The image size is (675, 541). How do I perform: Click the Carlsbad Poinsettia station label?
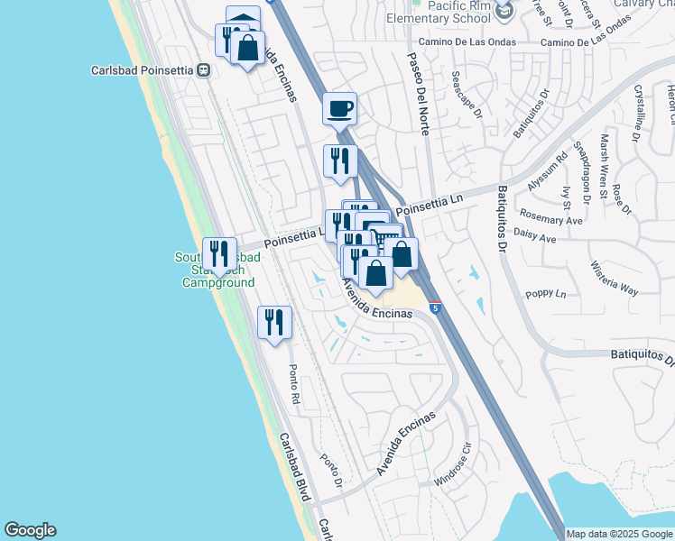coord(143,69)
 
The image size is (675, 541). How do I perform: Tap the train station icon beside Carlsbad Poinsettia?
coord(205,69)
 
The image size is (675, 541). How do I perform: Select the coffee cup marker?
coord(339,109)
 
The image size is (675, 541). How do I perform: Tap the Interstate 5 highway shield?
coord(435,308)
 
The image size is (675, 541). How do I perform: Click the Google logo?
coord(30,530)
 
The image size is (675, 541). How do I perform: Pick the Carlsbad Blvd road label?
coord(295,467)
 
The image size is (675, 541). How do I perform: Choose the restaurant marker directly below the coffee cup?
coord(340,161)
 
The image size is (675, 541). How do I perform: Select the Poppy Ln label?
coord(548,294)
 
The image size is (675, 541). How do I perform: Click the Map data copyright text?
coord(619,534)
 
